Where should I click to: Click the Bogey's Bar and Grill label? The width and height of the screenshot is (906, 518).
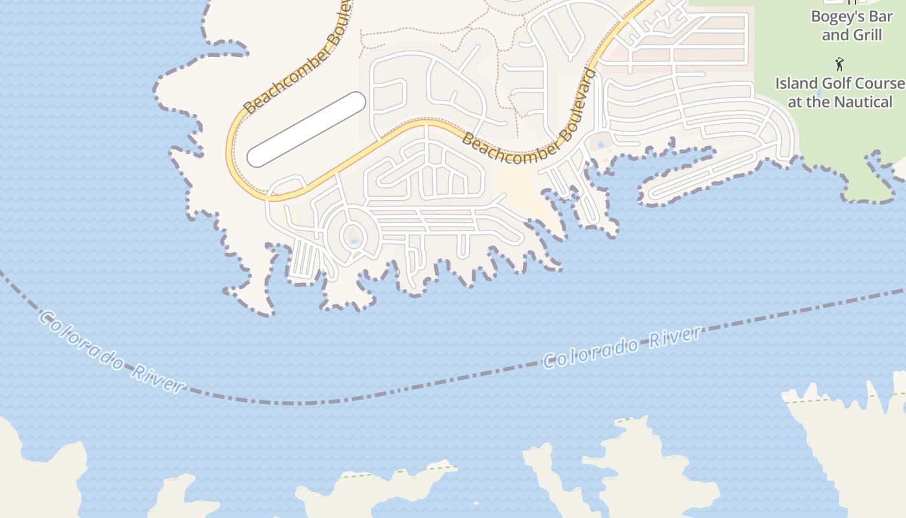851,26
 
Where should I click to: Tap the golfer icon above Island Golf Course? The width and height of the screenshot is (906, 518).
839,64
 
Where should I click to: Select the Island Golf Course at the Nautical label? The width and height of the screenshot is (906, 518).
840,93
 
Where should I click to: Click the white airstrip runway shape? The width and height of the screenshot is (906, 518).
306,129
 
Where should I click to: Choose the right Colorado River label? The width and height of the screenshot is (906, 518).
621,348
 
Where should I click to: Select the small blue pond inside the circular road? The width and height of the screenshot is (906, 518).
353,242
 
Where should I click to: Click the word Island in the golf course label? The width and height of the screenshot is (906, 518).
797,84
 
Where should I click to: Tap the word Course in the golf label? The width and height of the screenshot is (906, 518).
882,84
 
